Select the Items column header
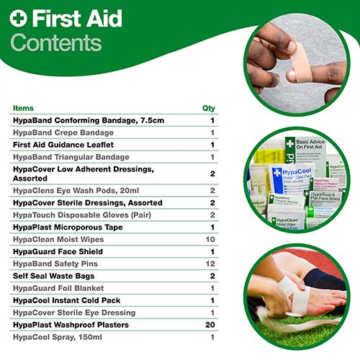[x=23, y=108]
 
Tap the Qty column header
[x=209, y=108]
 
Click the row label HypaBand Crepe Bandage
[x=63, y=132]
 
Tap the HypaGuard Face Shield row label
[x=58, y=251]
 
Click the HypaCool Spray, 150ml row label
[x=57, y=338]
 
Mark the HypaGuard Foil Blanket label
[x=60, y=288]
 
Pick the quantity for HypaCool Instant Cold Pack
[x=212, y=300]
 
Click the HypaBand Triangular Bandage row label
[x=71, y=157]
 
